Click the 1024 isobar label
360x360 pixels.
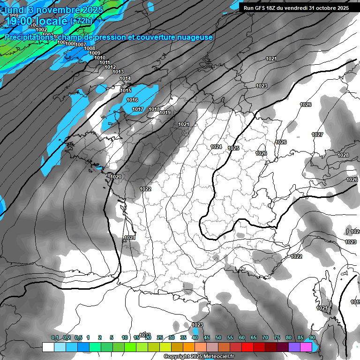pyautogui.click(x=216, y=147)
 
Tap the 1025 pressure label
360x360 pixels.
pyautogui.click(x=234, y=148)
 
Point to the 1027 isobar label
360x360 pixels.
pyautogui.click(x=317, y=135)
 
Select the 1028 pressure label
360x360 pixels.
pyautogui.click(x=343, y=156)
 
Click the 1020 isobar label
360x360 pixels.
pyautogui.click(x=116, y=177)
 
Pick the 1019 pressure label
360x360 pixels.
pyautogui.click(x=165, y=112)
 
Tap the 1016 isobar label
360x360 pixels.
pyautogui.click(x=132, y=100)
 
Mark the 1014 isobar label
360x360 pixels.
pyautogui.click(x=125, y=78)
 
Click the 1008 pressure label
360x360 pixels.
pyautogui.click(x=90, y=49)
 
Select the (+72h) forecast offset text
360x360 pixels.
pyautogui.click(x=82, y=21)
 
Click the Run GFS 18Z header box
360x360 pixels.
pyautogui.click(x=296, y=8)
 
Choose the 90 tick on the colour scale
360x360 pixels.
pyautogui.click(x=312, y=337)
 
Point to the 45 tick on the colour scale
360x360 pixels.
pyautogui.click(x=207, y=337)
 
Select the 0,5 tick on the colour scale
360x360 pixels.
pyautogui.click(x=78, y=337)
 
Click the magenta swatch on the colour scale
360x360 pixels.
pyautogui.click(x=306, y=347)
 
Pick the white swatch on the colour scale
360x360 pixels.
pyautogui.click(x=48, y=347)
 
